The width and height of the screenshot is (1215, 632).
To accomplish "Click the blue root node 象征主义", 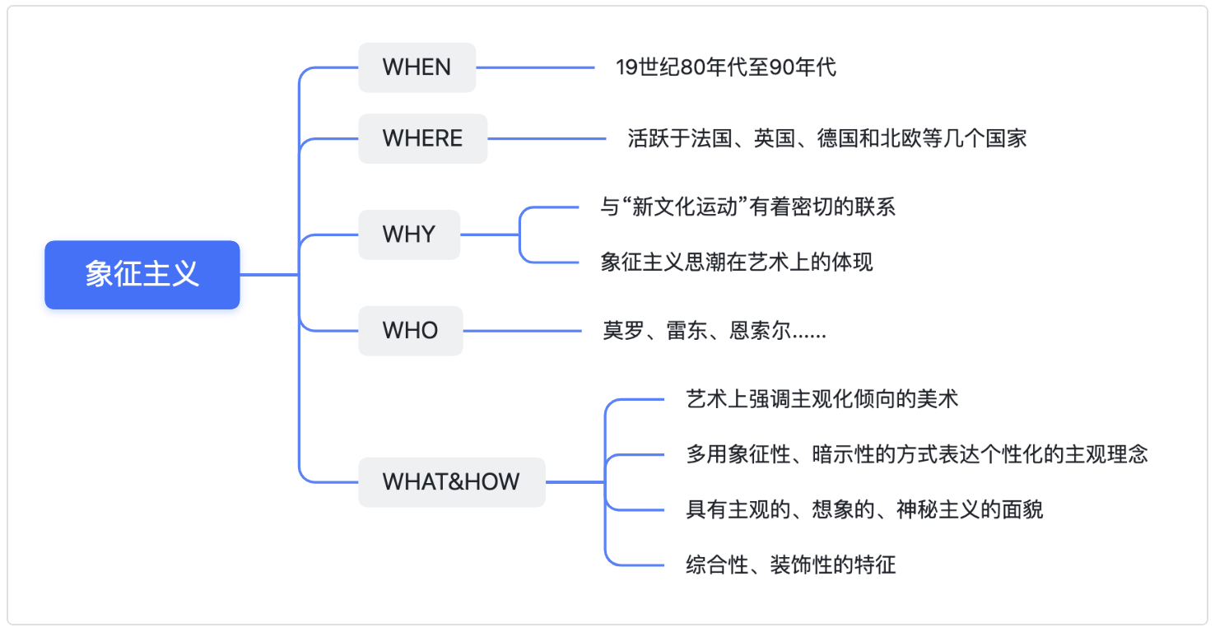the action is point(142,275).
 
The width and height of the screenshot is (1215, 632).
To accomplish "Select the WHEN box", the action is point(417,67).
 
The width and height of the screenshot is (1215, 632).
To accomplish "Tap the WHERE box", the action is point(422,139).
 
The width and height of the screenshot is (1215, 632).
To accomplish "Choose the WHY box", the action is point(409,235).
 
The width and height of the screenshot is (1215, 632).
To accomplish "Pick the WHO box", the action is point(411,331).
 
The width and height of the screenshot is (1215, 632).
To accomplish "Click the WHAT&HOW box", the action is point(452,482).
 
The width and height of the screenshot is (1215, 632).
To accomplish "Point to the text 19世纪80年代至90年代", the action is point(726,67).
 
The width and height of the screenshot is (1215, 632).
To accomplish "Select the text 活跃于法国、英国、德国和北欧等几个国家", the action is point(827,139).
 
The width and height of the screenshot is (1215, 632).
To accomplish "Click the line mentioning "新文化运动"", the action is point(747,207).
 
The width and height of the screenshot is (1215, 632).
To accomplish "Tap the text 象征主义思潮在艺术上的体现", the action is point(737,263).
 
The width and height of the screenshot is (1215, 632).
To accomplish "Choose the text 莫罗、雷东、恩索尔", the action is point(697,331).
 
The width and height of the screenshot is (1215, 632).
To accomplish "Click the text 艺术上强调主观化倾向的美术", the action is point(822,399).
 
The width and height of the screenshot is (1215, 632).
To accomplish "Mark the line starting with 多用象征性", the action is point(917,454).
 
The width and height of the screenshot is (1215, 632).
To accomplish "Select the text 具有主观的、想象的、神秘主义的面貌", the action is point(864,509).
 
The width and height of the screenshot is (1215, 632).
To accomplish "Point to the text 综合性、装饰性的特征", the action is point(790,565).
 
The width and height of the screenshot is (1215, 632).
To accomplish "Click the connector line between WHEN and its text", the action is point(535,67).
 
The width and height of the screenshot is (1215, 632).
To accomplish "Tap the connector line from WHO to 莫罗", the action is point(523,331).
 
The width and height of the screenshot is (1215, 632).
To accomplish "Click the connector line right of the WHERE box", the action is point(547,139).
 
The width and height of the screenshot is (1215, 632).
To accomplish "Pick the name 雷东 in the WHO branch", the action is point(687,331).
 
